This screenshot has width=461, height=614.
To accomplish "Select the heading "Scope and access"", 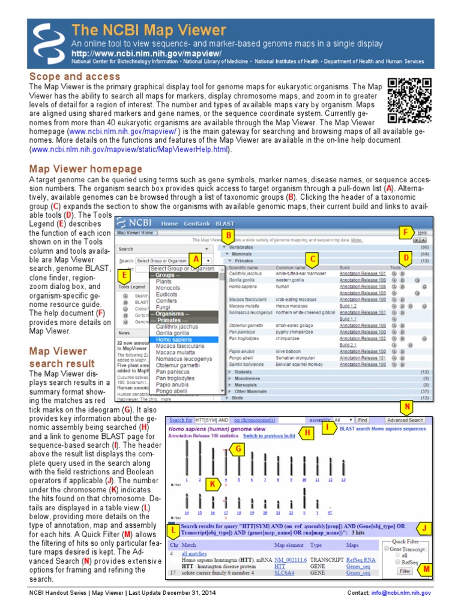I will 74,77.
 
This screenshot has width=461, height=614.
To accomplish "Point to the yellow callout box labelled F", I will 405,232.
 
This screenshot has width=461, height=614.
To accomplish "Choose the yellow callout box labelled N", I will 407,408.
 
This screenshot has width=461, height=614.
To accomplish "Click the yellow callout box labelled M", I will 426,568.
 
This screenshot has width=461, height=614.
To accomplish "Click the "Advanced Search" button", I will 405,420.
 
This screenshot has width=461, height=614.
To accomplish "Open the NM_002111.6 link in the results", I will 290,559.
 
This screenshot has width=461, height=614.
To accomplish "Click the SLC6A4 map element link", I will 284,573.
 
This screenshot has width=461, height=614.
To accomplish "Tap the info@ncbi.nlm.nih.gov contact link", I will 402,592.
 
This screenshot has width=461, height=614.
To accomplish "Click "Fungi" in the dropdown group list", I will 164,308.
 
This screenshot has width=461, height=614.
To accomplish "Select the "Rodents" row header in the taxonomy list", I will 244,372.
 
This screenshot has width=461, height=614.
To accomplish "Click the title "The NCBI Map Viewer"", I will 149,31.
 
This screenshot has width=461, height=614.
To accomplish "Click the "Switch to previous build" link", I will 268,435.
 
